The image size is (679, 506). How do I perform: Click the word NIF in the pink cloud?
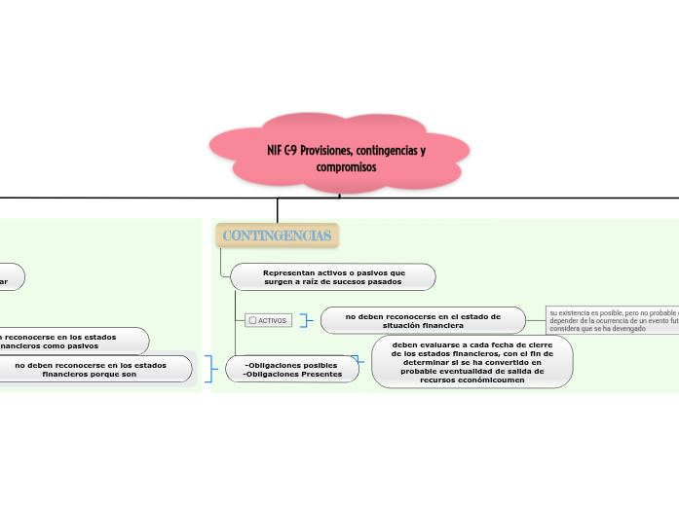point(276,152)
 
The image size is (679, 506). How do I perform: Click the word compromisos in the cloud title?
point(346,167)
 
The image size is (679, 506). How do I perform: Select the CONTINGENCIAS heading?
point(277,235)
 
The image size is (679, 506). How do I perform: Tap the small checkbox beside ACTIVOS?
point(252,320)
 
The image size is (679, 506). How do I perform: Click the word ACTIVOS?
point(272,320)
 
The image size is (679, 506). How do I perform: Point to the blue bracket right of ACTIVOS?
point(308,320)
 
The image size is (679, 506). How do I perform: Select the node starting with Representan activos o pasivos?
point(333,277)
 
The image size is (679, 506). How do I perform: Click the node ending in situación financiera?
point(423,320)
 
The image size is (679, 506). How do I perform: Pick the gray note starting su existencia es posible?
point(612,320)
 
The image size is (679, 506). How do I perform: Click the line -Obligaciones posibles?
point(291,364)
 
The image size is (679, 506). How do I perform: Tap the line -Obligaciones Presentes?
point(292,374)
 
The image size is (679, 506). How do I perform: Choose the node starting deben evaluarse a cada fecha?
point(472,362)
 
